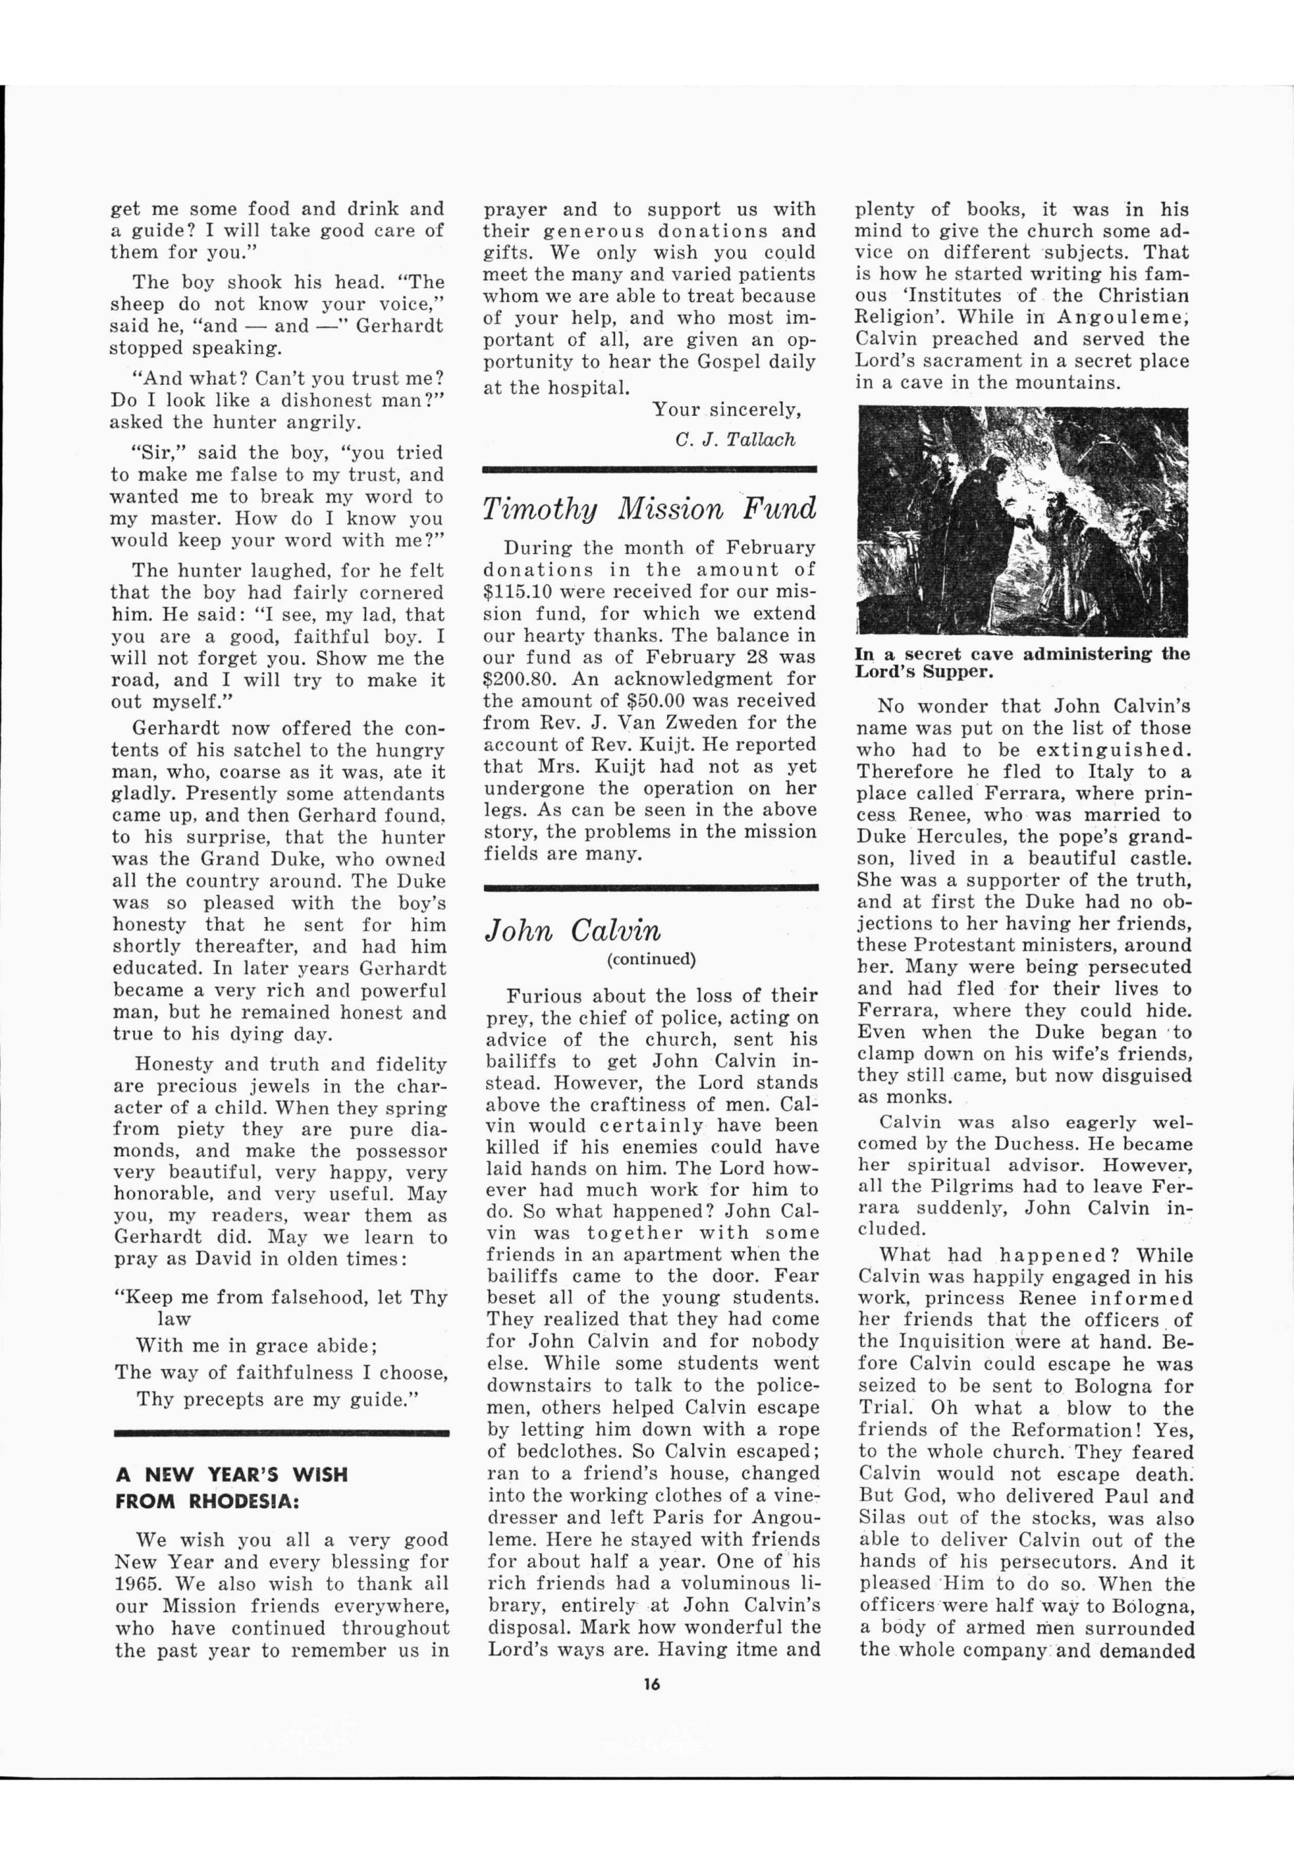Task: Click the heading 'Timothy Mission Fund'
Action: pyautogui.click(x=649, y=510)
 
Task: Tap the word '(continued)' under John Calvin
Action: pyautogui.click(x=651, y=960)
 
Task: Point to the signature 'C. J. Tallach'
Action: pyautogui.click(x=734, y=440)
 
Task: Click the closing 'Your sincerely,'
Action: pyautogui.click(x=727, y=409)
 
